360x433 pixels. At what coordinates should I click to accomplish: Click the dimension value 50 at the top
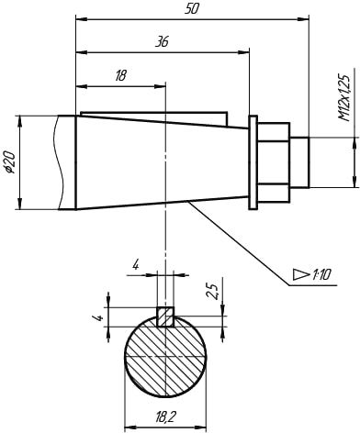[192, 9]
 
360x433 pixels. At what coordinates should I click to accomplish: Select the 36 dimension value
[162, 41]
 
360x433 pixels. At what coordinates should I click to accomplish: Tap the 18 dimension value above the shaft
[120, 75]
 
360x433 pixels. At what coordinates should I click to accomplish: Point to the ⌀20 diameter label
[10, 162]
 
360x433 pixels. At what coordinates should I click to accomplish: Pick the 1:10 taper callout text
[321, 275]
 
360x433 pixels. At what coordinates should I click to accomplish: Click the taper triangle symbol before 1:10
[301, 274]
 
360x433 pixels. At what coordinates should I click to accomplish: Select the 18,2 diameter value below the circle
[165, 416]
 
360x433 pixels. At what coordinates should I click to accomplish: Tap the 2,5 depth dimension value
[212, 291]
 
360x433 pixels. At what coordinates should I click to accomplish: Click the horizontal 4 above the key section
[136, 265]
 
